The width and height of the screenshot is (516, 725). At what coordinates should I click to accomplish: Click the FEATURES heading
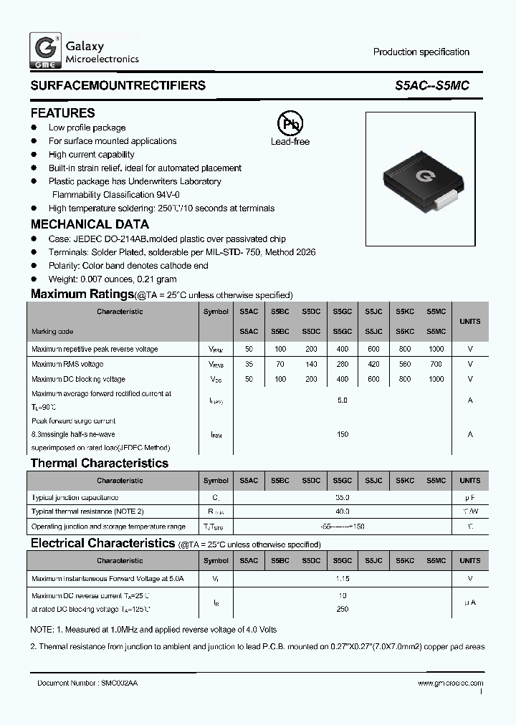[x=62, y=113]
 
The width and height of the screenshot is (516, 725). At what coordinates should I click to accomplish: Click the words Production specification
[x=421, y=52]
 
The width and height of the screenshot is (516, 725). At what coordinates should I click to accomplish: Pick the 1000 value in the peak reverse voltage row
[x=436, y=349]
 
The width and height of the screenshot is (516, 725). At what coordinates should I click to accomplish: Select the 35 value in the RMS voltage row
[x=249, y=364]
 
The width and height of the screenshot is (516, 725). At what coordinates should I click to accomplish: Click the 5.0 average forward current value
[x=342, y=400]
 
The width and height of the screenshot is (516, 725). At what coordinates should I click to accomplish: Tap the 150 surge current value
[x=342, y=434]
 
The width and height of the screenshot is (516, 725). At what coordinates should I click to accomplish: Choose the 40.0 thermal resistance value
[x=342, y=512]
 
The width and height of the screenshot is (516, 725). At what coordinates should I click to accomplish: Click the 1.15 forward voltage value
[x=342, y=578]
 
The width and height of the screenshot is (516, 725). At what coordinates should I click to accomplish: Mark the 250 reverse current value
[x=342, y=609]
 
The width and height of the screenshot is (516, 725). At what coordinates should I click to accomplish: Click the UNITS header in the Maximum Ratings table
[x=470, y=322]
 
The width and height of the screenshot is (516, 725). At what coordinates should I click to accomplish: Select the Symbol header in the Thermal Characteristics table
[x=216, y=481]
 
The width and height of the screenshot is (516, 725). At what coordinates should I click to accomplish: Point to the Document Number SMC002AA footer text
[x=87, y=684]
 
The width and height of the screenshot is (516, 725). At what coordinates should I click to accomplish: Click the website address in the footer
[x=450, y=684]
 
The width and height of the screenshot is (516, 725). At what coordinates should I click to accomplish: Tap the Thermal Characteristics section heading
[x=100, y=464]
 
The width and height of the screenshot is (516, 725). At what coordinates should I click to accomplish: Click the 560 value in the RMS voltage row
[x=404, y=364]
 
